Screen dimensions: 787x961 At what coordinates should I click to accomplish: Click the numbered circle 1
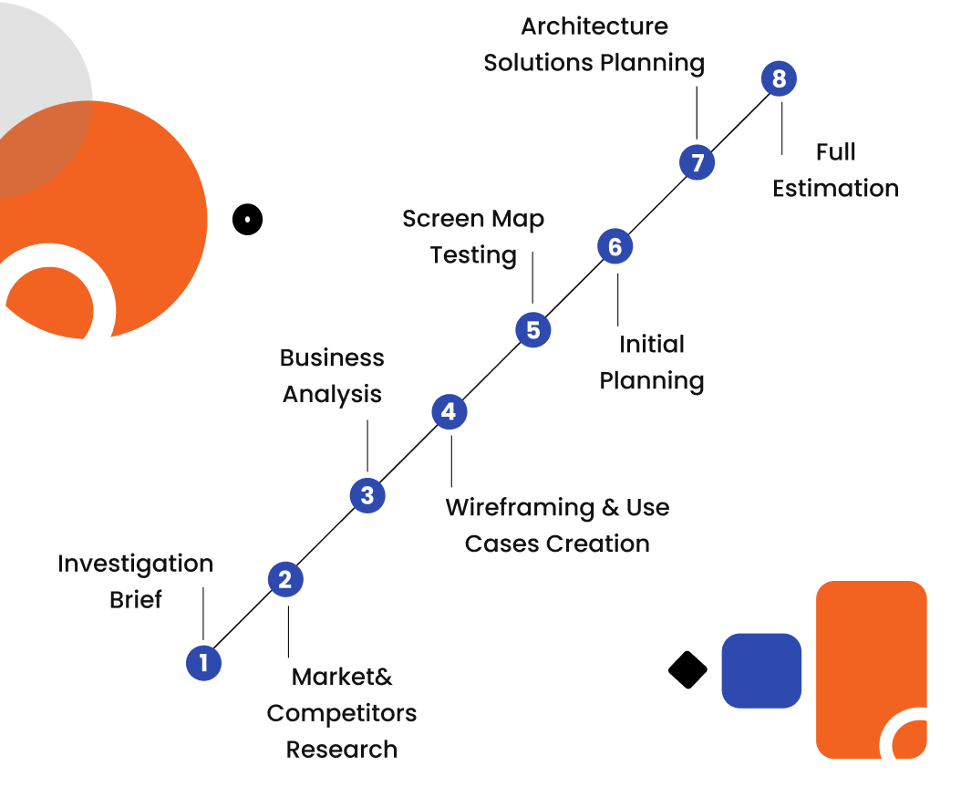pos(203,663)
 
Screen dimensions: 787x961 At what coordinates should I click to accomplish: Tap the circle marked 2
pos(285,580)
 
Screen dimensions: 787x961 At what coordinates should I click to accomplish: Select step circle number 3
pos(367,496)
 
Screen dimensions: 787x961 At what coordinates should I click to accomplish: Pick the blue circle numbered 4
pos(449,412)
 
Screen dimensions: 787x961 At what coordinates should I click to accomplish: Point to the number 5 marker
pos(533,329)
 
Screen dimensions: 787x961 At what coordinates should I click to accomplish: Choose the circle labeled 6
pos(615,246)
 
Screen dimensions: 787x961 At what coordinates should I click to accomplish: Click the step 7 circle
pos(697,163)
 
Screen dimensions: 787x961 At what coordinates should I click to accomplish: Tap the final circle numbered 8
pos(779,79)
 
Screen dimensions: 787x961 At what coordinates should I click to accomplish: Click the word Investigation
pos(135,564)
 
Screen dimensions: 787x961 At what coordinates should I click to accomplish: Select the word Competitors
pos(342,713)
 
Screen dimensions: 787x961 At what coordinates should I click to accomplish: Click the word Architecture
pos(594,26)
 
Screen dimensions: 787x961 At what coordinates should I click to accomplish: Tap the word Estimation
pos(835,189)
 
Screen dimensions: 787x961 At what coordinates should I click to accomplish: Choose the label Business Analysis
pos(332,376)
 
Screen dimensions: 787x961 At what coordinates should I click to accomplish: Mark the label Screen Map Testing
pos(473,237)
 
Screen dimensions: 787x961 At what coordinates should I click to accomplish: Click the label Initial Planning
pos(652,362)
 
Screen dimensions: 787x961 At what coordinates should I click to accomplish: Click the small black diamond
pos(687,670)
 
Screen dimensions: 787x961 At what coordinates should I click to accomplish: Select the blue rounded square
pos(761,670)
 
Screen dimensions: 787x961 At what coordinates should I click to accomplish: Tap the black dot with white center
pos(247,219)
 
